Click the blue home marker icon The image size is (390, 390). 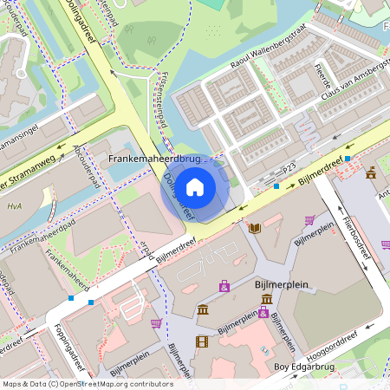[x=195, y=186]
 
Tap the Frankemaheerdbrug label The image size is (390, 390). [x=155, y=160]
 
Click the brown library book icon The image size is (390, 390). [x=255, y=227]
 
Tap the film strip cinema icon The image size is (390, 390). [x=202, y=341]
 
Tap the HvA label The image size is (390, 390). [x=14, y=205]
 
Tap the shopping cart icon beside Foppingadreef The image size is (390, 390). [x=156, y=323]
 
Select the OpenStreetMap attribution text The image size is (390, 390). [x=88, y=383]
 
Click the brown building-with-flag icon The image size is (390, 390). [x=371, y=172]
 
